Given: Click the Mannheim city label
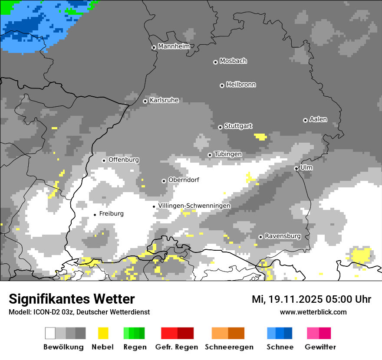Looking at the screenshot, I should pyautogui.click(x=174, y=46).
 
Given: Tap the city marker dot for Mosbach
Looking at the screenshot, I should pyautogui.click(x=215, y=62).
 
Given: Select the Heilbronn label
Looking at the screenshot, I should pyautogui.click(x=241, y=85).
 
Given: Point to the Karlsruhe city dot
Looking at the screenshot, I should pyautogui.click(x=145, y=101).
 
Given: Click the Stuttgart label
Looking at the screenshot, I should pyautogui.click(x=238, y=126).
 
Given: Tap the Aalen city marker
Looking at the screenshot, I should pyautogui.click(x=305, y=120).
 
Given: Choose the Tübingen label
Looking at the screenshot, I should pyautogui.click(x=228, y=154).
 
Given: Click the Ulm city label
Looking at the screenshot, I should pyautogui.click(x=306, y=167).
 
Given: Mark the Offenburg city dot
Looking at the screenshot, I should pyautogui.click(x=104, y=160).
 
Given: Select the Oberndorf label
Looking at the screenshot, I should pyautogui.click(x=184, y=180).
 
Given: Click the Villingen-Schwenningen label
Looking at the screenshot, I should pyautogui.click(x=194, y=206).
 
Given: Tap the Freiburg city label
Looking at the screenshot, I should pyautogui.click(x=111, y=214).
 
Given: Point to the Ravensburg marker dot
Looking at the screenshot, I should pyautogui.click(x=260, y=237).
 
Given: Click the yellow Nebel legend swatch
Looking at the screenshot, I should pyautogui.click(x=103, y=333).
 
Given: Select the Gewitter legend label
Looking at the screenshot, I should pyautogui.click(x=320, y=347).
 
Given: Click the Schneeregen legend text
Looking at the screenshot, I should pyautogui.click(x=229, y=347).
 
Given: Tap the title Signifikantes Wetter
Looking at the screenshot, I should pyautogui.click(x=72, y=299).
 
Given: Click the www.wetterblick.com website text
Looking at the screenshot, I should pyautogui.click(x=313, y=312).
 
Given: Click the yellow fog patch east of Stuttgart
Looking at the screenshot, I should pyautogui.click(x=261, y=137).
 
